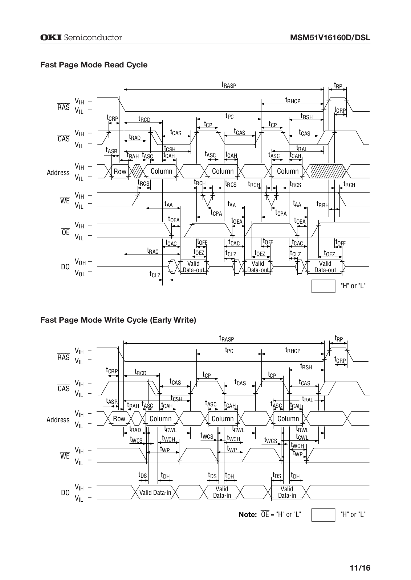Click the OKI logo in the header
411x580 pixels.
[x=51, y=38]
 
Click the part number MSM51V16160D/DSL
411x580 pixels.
[x=330, y=38]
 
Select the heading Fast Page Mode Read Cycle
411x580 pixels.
[x=94, y=65]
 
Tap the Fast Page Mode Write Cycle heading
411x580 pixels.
[x=118, y=320]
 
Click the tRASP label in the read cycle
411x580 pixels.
[x=229, y=85]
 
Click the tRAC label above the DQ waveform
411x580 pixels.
[x=152, y=250]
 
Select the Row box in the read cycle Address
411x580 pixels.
[x=120, y=171]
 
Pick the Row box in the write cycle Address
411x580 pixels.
[x=119, y=419]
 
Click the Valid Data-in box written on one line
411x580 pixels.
[x=155, y=492]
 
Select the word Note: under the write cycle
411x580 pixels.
[x=248, y=514]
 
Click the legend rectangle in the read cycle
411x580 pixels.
[x=323, y=286]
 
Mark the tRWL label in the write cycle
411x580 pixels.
[x=302, y=430]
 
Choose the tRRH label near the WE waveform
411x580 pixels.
[x=322, y=204]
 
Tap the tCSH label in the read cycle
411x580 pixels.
[x=170, y=149]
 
